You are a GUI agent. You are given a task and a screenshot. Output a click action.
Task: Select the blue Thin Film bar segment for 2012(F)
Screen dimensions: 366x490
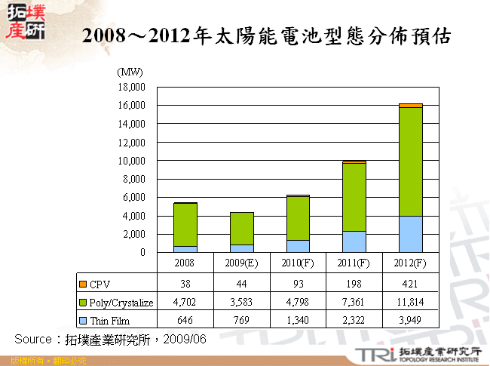(411, 234)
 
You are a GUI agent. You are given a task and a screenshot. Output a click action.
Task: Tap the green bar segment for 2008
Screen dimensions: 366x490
(185, 225)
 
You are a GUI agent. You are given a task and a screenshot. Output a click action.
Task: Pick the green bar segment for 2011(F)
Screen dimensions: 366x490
(354, 197)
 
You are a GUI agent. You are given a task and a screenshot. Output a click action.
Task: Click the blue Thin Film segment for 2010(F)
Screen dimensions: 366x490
(298, 246)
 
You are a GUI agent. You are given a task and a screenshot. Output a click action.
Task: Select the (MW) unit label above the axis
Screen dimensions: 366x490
(130, 72)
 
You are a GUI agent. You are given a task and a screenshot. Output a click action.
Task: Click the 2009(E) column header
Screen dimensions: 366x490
(241, 263)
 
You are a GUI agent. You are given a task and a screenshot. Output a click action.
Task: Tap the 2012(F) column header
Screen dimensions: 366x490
(411, 263)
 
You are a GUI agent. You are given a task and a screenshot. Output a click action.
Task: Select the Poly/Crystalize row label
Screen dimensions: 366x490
(121, 303)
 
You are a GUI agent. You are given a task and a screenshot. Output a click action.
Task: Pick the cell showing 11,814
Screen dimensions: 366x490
(411, 303)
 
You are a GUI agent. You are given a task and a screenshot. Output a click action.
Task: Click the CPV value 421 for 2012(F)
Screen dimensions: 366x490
(411, 284)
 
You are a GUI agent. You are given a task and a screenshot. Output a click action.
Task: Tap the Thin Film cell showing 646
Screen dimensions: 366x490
(185, 321)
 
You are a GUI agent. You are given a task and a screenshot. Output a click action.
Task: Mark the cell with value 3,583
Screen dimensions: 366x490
(241, 303)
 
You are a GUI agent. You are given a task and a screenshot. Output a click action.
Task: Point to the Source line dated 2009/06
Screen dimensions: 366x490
(110, 338)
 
